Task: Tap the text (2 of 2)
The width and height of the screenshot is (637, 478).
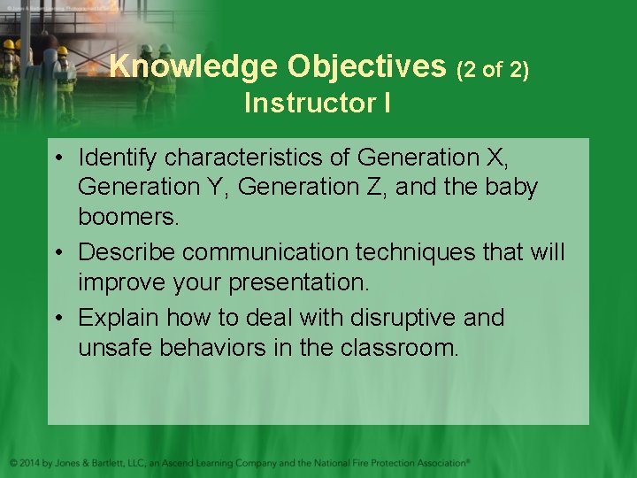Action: [492, 70]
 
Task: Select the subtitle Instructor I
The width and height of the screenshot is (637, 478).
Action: [318, 104]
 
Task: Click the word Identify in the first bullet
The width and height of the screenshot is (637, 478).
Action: [118, 158]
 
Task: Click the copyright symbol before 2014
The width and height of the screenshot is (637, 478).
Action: [13, 463]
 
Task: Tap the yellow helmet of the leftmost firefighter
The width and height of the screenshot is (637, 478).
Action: [8, 44]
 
